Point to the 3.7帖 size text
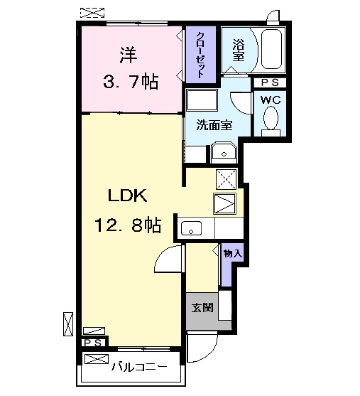tap(127, 82)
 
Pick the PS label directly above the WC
tap(269, 82)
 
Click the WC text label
tap(271, 100)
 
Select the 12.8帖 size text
tap(127, 225)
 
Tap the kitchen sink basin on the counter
tap(191, 228)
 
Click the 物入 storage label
tap(232, 253)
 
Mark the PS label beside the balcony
tap(92, 343)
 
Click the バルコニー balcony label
tap(139, 367)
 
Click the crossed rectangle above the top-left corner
tap(91, 12)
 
